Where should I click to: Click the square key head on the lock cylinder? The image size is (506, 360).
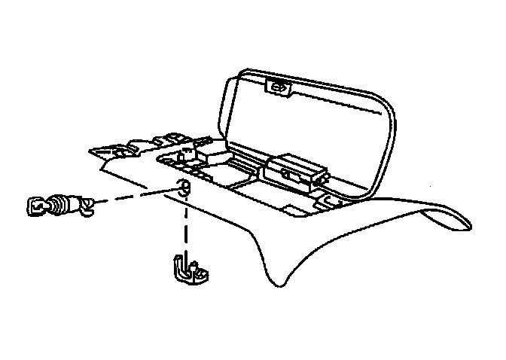(x=35, y=206)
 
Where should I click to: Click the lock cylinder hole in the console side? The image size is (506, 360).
(x=182, y=188)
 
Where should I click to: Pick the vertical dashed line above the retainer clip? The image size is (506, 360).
(x=183, y=226)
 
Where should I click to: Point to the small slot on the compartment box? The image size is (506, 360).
(x=288, y=172)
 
